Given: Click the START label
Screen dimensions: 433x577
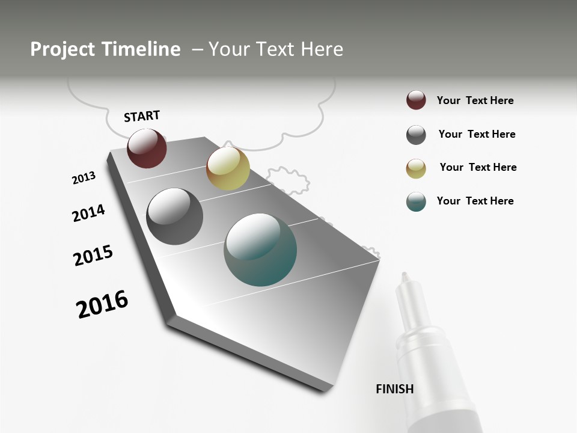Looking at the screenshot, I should [x=142, y=116].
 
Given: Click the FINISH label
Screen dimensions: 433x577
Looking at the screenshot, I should [x=394, y=389].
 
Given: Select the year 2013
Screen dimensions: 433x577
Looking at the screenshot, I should [x=84, y=178].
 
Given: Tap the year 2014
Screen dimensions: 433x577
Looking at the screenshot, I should [x=88, y=213].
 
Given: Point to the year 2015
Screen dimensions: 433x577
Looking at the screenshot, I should [x=93, y=256].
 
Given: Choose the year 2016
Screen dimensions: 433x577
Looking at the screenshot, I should [x=102, y=304].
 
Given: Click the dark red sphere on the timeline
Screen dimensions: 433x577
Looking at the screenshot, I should [x=147, y=148].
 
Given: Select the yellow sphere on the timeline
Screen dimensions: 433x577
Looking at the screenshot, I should [x=228, y=168].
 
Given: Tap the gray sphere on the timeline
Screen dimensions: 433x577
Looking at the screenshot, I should [x=175, y=216].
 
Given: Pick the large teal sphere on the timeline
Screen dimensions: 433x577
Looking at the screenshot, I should [x=260, y=250].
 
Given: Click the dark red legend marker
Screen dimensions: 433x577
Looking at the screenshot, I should [x=416, y=100].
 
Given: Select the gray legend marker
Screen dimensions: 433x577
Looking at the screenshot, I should [x=416, y=135].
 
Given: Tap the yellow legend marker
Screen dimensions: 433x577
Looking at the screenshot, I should [x=416, y=168].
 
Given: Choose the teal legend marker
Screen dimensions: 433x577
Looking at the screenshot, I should [x=416, y=201].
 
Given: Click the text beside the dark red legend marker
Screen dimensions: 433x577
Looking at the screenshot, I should [x=475, y=100].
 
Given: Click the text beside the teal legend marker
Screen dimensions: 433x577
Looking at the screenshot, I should [x=475, y=201].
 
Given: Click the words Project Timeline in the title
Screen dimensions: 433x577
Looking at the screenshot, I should [x=105, y=49].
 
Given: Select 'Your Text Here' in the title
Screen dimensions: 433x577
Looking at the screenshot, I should [x=276, y=49].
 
